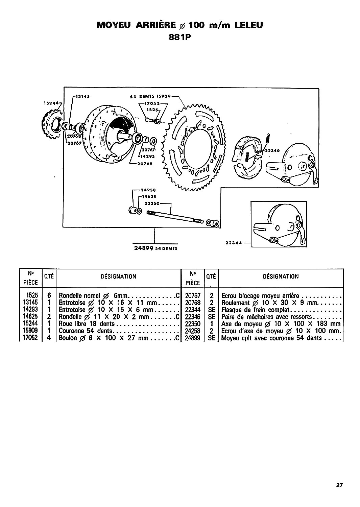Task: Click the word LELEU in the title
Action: click(248, 25)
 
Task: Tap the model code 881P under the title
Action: click(180, 37)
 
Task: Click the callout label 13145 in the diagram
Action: click(82, 96)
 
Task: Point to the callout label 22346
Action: click(272, 150)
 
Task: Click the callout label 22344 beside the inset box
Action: click(234, 243)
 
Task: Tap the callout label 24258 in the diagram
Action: click(148, 190)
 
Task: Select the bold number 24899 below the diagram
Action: click(144, 248)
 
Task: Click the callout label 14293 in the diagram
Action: click(147, 156)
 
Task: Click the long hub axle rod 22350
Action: click(175, 217)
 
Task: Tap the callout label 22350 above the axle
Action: click(152, 203)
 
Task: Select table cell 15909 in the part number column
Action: click(30, 331)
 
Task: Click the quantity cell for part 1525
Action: click(49, 295)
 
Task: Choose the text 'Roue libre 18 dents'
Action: click(87, 324)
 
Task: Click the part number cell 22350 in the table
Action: click(193, 324)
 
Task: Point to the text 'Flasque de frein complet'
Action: click(256, 309)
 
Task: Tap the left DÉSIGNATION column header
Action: click(118, 276)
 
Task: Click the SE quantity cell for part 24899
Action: click(212, 338)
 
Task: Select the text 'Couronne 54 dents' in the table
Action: click(86, 331)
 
